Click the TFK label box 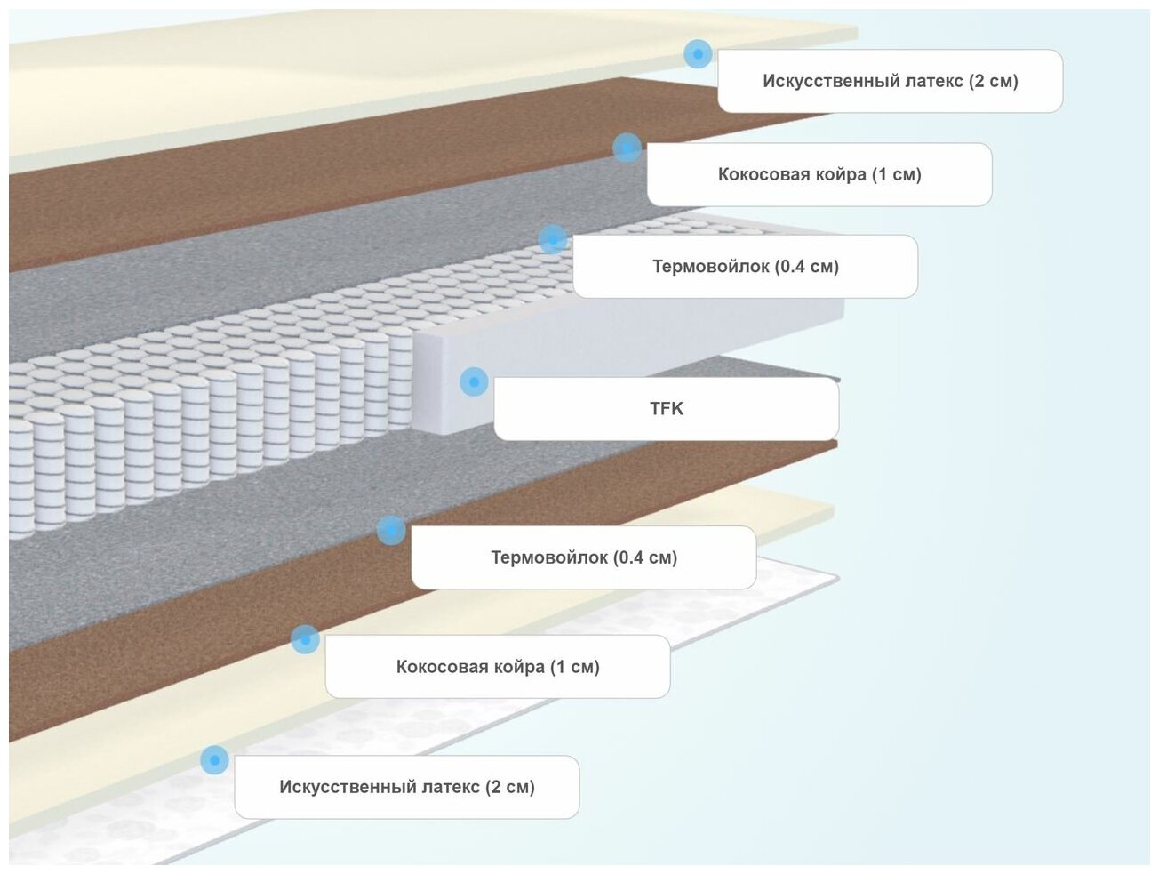[666, 409]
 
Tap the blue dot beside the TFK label [474, 382]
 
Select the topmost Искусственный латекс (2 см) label [890, 81]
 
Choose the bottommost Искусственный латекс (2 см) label [406, 787]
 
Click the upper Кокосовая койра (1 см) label [819, 174]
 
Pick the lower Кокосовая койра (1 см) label [497, 667]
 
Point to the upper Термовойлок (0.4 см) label [745, 266]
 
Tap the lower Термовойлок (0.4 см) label [583, 557]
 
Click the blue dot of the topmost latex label [698, 54]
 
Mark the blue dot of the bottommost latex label [214, 760]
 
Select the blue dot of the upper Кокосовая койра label [627, 148]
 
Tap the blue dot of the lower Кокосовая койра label [305, 639]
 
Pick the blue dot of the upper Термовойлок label [553, 239]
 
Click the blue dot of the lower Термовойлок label [391, 531]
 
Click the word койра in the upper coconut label [841, 174]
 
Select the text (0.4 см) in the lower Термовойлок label [645, 557]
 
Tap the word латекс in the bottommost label [451, 787]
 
